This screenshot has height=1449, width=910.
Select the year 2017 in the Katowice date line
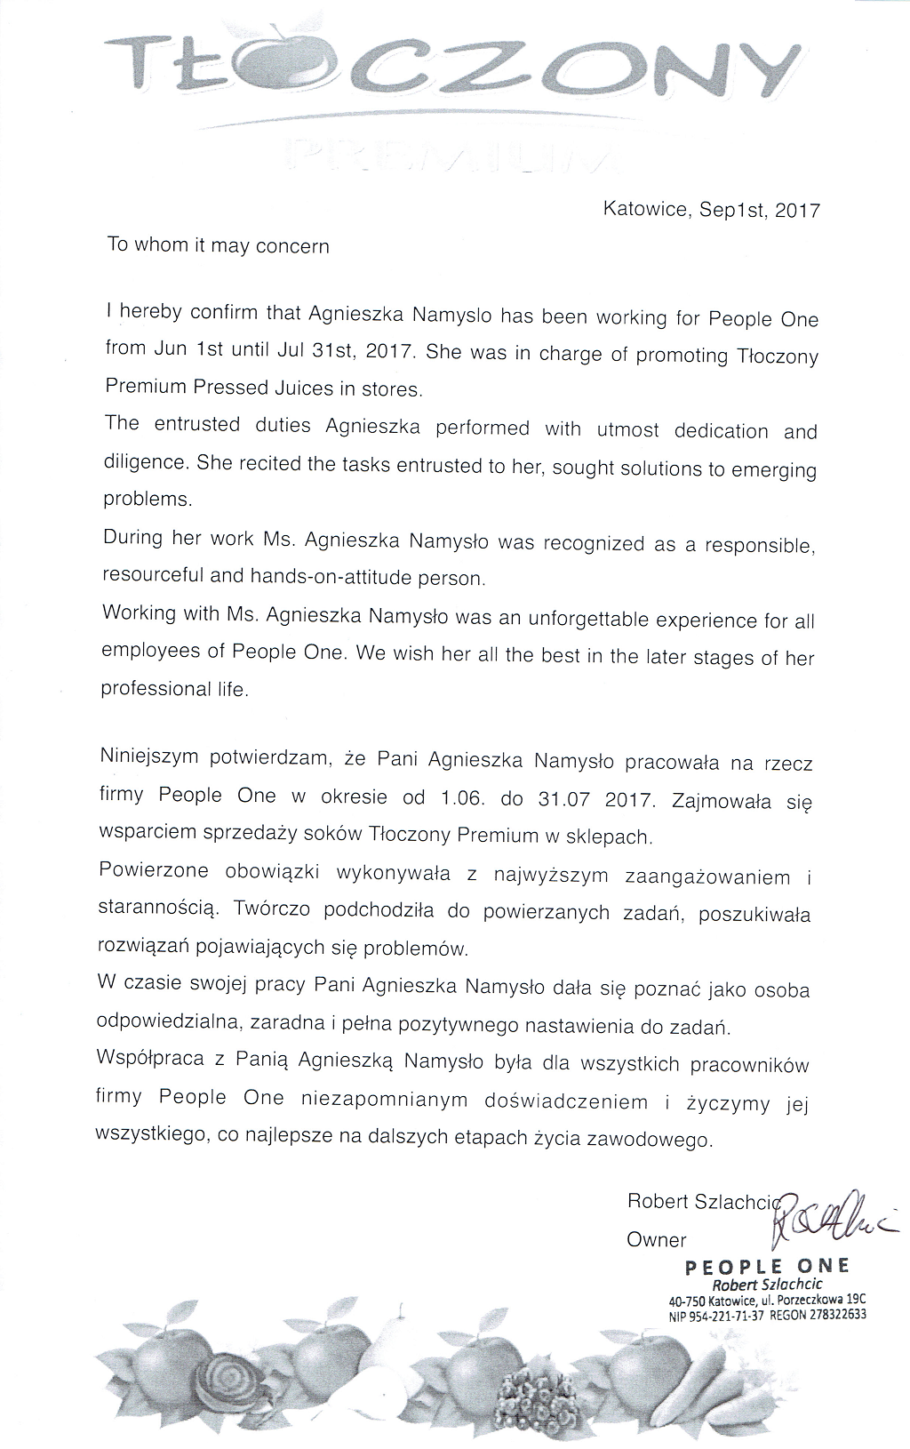[x=797, y=211]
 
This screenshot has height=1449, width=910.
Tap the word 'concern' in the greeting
[x=292, y=246]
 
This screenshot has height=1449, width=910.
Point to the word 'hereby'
[x=151, y=313]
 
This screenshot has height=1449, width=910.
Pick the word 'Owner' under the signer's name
[x=657, y=1239]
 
